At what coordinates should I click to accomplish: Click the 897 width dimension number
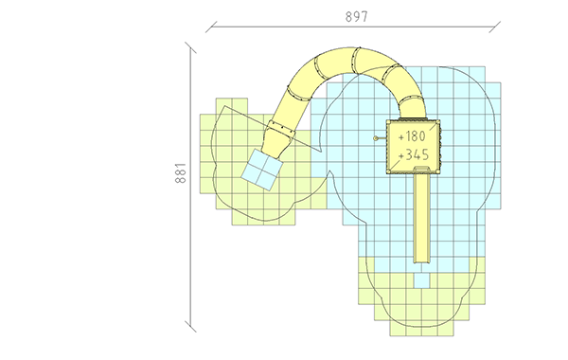[x=357, y=17]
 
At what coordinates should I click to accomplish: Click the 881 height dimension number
[x=181, y=173]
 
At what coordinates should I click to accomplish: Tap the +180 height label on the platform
[x=412, y=136]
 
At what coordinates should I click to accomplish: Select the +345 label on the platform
[x=414, y=154]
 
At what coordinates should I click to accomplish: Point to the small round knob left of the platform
[x=376, y=138]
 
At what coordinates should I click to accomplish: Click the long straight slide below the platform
[x=422, y=216]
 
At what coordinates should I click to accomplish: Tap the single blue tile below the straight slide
[x=421, y=280]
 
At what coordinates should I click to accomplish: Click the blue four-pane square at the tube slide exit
[x=262, y=170]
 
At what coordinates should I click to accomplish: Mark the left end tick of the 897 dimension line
[x=211, y=27]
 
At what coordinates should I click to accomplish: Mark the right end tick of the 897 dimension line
[x=495, y=27]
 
